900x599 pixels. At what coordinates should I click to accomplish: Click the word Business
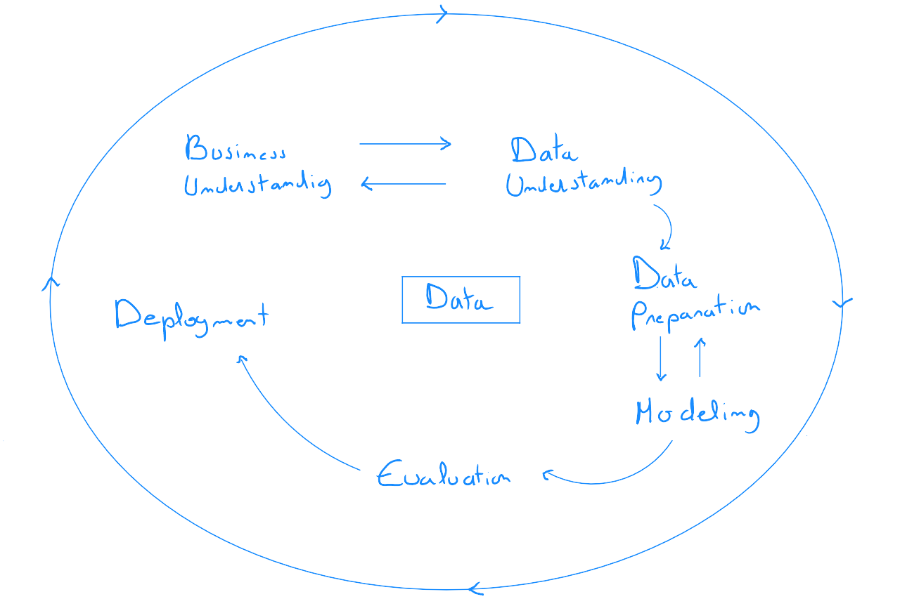click(x=236, y=150)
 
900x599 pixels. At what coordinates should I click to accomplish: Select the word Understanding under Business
click(x=257, y=185)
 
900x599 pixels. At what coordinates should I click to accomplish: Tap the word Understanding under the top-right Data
click(x=584, y=183)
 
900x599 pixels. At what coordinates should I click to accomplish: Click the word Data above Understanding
click(x=544, y=150)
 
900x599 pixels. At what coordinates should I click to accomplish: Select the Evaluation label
click(x=443, y=475)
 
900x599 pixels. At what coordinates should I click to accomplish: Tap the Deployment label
click(x=191, y=316)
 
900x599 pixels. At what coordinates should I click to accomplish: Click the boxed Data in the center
click(x=461, y=300)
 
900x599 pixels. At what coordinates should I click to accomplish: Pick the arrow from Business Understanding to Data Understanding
click(x=405, y=144)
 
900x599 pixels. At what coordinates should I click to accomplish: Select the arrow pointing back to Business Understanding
click(x=404, y=184)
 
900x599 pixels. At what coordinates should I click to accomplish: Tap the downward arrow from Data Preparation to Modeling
click(x=660, y=359)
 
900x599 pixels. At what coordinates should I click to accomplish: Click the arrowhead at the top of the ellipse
click(x=442, y=13)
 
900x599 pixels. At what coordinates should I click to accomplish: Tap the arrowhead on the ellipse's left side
click(x=50, y=282)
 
